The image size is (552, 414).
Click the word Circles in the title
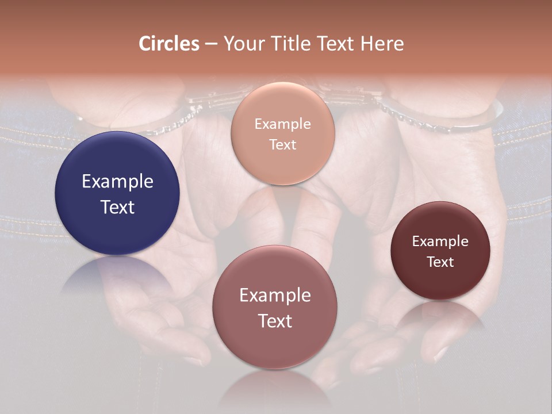[x=169, y=44]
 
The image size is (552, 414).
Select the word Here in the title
[x=382, y=44]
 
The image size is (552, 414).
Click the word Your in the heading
[x=244, y=44]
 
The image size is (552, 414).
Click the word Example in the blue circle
[x=117, y=182]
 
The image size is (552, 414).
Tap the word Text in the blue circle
[x=117, y=207]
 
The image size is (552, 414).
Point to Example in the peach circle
[x=282, y=124]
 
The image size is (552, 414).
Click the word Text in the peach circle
[x=282, y=144]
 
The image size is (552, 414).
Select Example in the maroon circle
[x=440, y=241]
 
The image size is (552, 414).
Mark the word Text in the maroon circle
[x=440, y=262]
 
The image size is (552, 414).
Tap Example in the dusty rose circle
[x=275, y=296]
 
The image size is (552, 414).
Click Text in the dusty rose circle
[x=275, y=321]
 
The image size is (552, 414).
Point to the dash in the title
[x=211, y=44]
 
